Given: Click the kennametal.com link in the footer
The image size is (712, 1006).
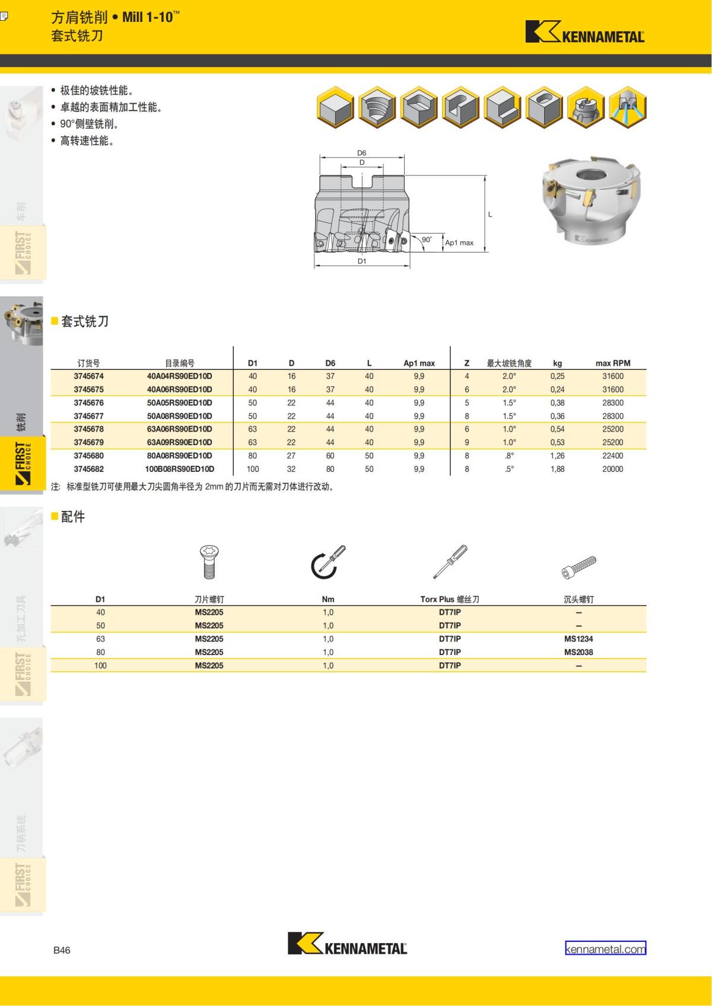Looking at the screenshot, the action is pos(605,949).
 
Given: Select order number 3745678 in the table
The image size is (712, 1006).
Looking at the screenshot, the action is pos(88,429).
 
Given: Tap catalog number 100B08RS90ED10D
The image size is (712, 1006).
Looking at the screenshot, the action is pos(179,469).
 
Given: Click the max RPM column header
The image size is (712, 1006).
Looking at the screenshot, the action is pos(613,363).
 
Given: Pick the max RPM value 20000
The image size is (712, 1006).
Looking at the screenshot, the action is pos(613,469).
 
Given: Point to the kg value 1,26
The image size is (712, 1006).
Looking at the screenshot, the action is pos(557,456).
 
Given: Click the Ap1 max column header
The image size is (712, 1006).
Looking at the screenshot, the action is pos(419,363).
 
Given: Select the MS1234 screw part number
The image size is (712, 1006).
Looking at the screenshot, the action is pos(578,638).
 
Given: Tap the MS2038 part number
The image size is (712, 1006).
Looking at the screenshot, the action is pos(578,652).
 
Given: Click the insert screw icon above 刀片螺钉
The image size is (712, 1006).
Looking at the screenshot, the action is pos(209,562).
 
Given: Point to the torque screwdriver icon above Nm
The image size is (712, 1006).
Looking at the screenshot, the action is pos(328,562).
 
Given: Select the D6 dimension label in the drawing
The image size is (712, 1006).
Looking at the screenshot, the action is pos(361,153).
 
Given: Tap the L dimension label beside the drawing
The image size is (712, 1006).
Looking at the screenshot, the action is pos(490,215).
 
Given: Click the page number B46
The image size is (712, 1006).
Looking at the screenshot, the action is pos(62,950).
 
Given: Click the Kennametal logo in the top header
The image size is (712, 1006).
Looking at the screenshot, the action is pos(584,31).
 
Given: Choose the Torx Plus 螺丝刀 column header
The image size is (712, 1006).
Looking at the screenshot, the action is pos(450,599).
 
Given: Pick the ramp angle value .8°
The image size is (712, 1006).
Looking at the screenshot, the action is pos(509,456).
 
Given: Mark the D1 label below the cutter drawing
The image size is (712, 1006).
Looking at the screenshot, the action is pos(362,261).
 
